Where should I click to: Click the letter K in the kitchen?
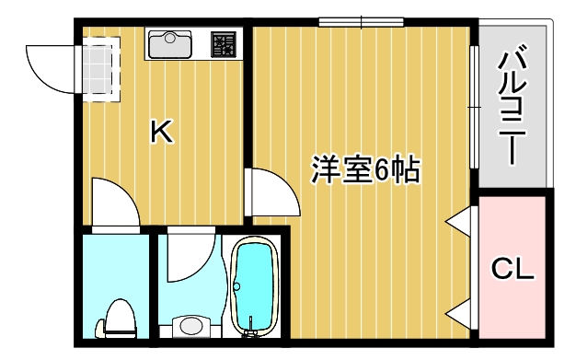(x=161, y=133)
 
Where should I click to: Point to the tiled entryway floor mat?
(x=100, y=67)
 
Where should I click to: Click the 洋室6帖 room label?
(x=365, y=169)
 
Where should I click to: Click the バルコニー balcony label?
(x=513, y=107)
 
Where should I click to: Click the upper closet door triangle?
(x=461, y=222)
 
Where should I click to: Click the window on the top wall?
(x=362, y=22)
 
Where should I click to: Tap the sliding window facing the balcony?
(x=474, y=107)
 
